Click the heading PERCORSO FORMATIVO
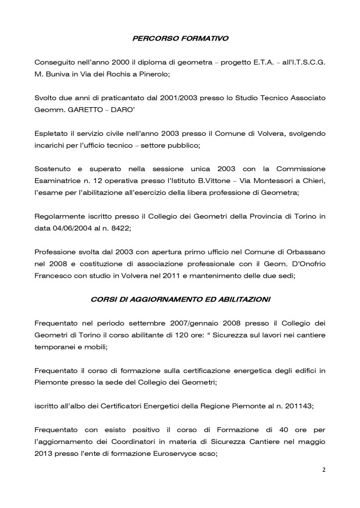pyautogui.click(x=180, y=38)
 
